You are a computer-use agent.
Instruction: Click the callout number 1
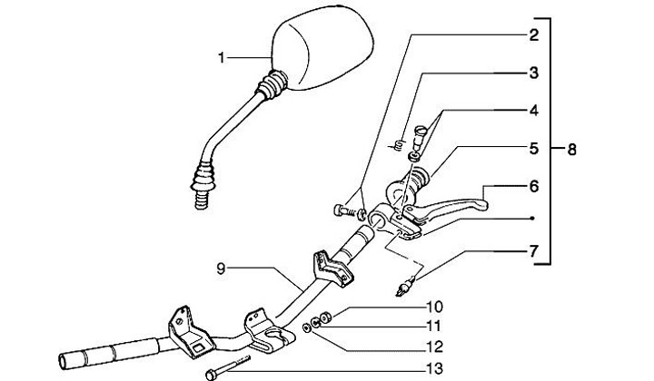tap(221, 59)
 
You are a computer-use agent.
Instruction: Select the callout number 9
tap(221, 269)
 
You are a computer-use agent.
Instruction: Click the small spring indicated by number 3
tap(396, 143)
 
